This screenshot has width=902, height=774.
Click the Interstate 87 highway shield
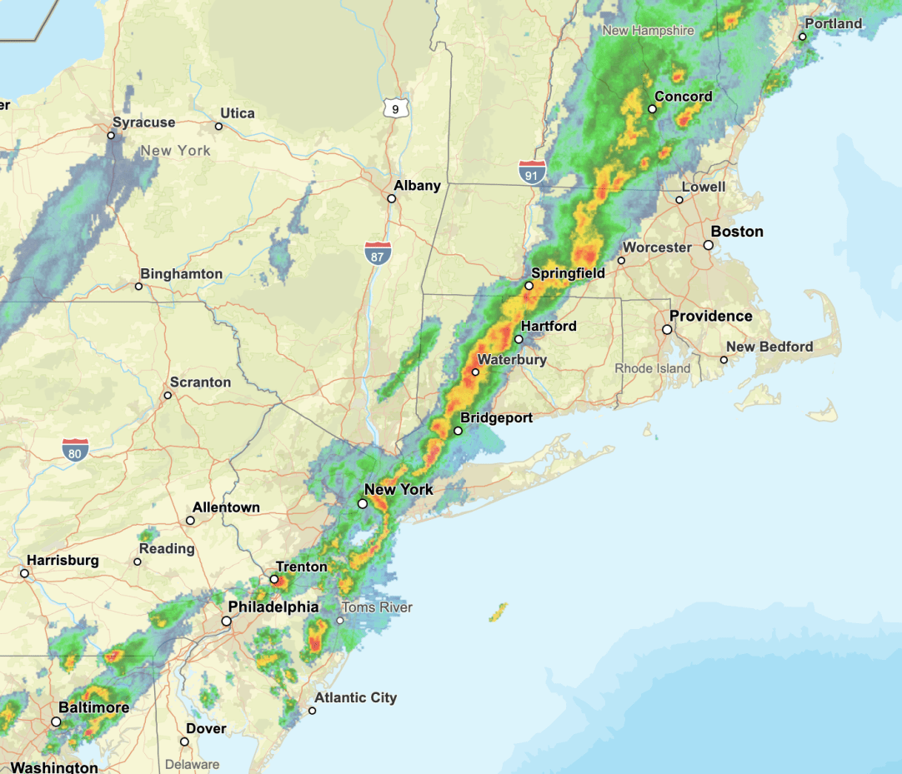[378, 253]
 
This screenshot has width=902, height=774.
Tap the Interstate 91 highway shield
[532, 172]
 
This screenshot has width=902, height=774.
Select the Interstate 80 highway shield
[75, 451]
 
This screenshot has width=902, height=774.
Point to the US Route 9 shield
[395, 107]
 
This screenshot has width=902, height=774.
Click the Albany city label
[417, 185]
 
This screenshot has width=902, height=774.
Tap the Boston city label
[737, 232]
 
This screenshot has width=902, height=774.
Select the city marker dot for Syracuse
[111, 134]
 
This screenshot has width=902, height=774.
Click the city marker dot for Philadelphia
[226, 621]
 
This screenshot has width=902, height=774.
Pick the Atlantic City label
[355, 697]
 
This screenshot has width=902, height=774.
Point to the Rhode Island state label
[653, 368]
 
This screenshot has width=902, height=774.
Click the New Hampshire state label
[648, 31]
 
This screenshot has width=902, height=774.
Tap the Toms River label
[378, 607]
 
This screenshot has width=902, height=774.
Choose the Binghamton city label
[181, 273]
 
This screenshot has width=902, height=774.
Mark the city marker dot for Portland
[803, 37]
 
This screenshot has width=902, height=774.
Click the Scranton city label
[200, 382]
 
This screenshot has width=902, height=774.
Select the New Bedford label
[769, 347]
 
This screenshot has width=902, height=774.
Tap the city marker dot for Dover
[184, 742]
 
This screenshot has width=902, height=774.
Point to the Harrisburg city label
[63, 561]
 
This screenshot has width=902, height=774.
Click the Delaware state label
[192, 764]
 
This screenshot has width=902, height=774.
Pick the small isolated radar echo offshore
[499, 613]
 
